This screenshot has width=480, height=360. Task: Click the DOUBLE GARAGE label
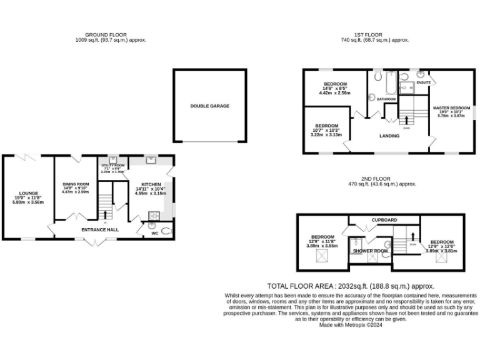coord(209,106)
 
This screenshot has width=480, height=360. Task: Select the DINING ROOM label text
coord(75,184)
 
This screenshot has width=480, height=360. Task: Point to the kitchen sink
coord(151,160)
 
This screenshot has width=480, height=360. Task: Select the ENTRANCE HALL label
coord(100,230)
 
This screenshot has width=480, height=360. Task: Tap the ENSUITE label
coord(423,82)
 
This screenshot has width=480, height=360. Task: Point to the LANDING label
coord(389,135)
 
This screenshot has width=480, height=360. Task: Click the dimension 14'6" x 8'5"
coord(336,88)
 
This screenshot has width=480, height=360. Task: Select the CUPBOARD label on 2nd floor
coord(384,220)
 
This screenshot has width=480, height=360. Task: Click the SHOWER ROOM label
coord(371,251)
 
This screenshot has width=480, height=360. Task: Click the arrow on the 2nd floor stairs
coord(412,236)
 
